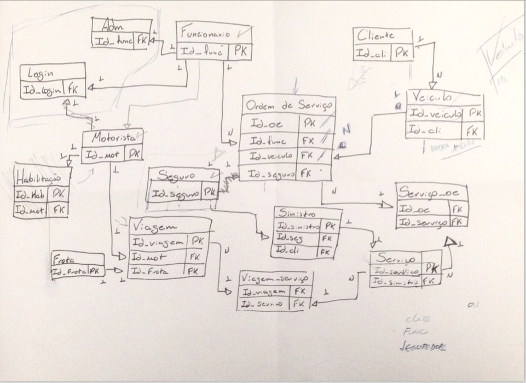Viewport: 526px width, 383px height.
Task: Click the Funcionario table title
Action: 206,33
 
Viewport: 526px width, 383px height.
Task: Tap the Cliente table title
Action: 376,36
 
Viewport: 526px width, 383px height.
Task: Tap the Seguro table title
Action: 176,176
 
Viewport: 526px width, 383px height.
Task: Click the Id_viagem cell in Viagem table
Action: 158,242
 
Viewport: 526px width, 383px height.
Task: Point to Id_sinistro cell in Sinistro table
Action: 298,225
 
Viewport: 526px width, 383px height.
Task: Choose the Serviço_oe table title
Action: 432,192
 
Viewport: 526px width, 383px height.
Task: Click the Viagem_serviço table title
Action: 275,279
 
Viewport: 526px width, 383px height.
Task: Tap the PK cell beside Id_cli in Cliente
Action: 402,53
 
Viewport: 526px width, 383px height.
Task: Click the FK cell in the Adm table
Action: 142,40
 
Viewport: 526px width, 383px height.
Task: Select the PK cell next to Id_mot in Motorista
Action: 133,155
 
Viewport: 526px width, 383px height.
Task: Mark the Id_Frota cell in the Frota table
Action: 70,271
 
